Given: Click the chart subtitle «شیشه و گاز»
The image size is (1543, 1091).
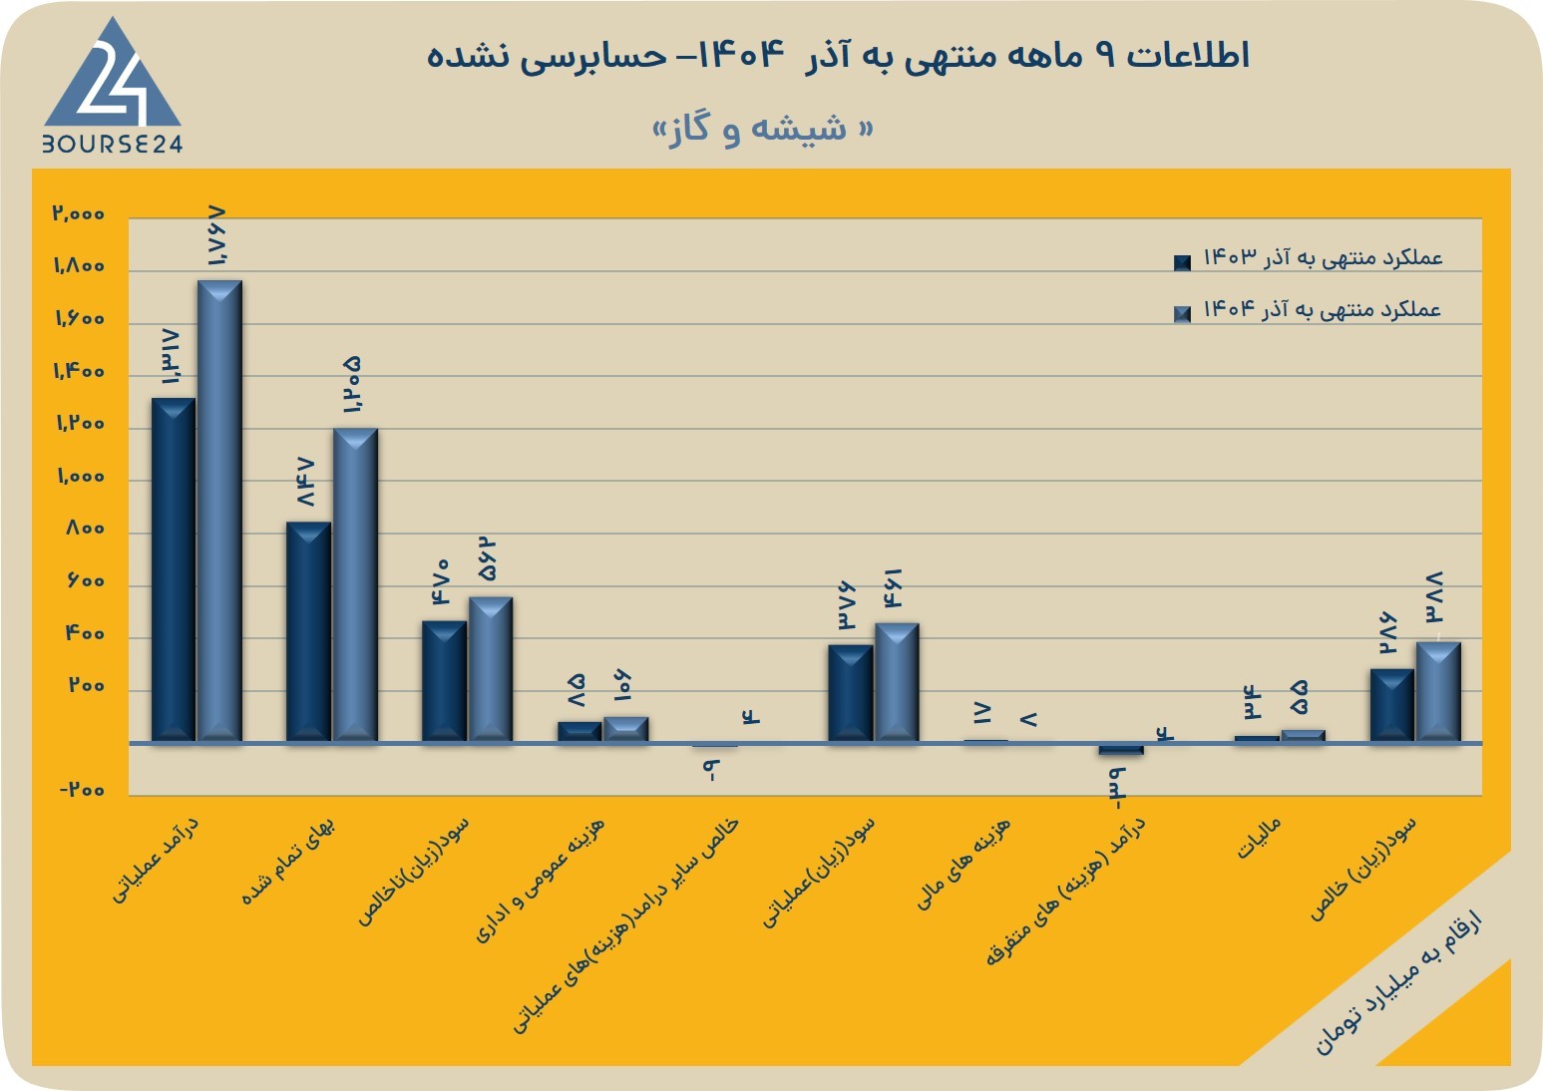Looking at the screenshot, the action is [x=763, y=129].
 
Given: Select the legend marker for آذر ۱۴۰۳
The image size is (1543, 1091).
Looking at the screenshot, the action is [x=1182, y=262].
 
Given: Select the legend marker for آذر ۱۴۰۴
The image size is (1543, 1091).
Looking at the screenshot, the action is [x=1182, y=315].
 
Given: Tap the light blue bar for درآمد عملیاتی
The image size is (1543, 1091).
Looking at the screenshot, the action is [x=219, y=511].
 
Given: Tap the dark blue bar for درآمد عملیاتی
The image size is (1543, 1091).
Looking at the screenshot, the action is [x=174, y=570].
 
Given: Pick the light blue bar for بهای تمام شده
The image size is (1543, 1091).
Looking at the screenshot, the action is [x=355, y=584].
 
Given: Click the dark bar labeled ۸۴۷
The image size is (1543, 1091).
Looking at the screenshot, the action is [x=308, y=631].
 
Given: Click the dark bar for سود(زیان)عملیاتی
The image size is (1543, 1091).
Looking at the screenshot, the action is [x=851, y=693].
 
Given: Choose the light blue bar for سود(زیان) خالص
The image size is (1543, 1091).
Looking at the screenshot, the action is [x=1438, y=692].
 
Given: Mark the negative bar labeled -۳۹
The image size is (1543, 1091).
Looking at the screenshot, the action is [x=1121, y=749].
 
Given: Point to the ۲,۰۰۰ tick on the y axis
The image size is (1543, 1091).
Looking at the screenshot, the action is [x=79, y=213].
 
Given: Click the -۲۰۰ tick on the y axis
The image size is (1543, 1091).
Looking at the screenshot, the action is [x=82, y=789].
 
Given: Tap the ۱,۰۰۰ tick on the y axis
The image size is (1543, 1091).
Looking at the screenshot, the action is [x=81, y=477].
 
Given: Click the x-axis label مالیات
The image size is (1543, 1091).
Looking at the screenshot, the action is [x=1259, y=838].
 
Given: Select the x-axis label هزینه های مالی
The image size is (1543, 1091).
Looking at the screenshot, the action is [x=963, y=863].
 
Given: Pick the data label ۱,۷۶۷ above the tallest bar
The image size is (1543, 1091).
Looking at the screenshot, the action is [x=216, y=236].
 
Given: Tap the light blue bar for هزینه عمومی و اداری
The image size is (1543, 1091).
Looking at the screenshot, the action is [x=626, y=729].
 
